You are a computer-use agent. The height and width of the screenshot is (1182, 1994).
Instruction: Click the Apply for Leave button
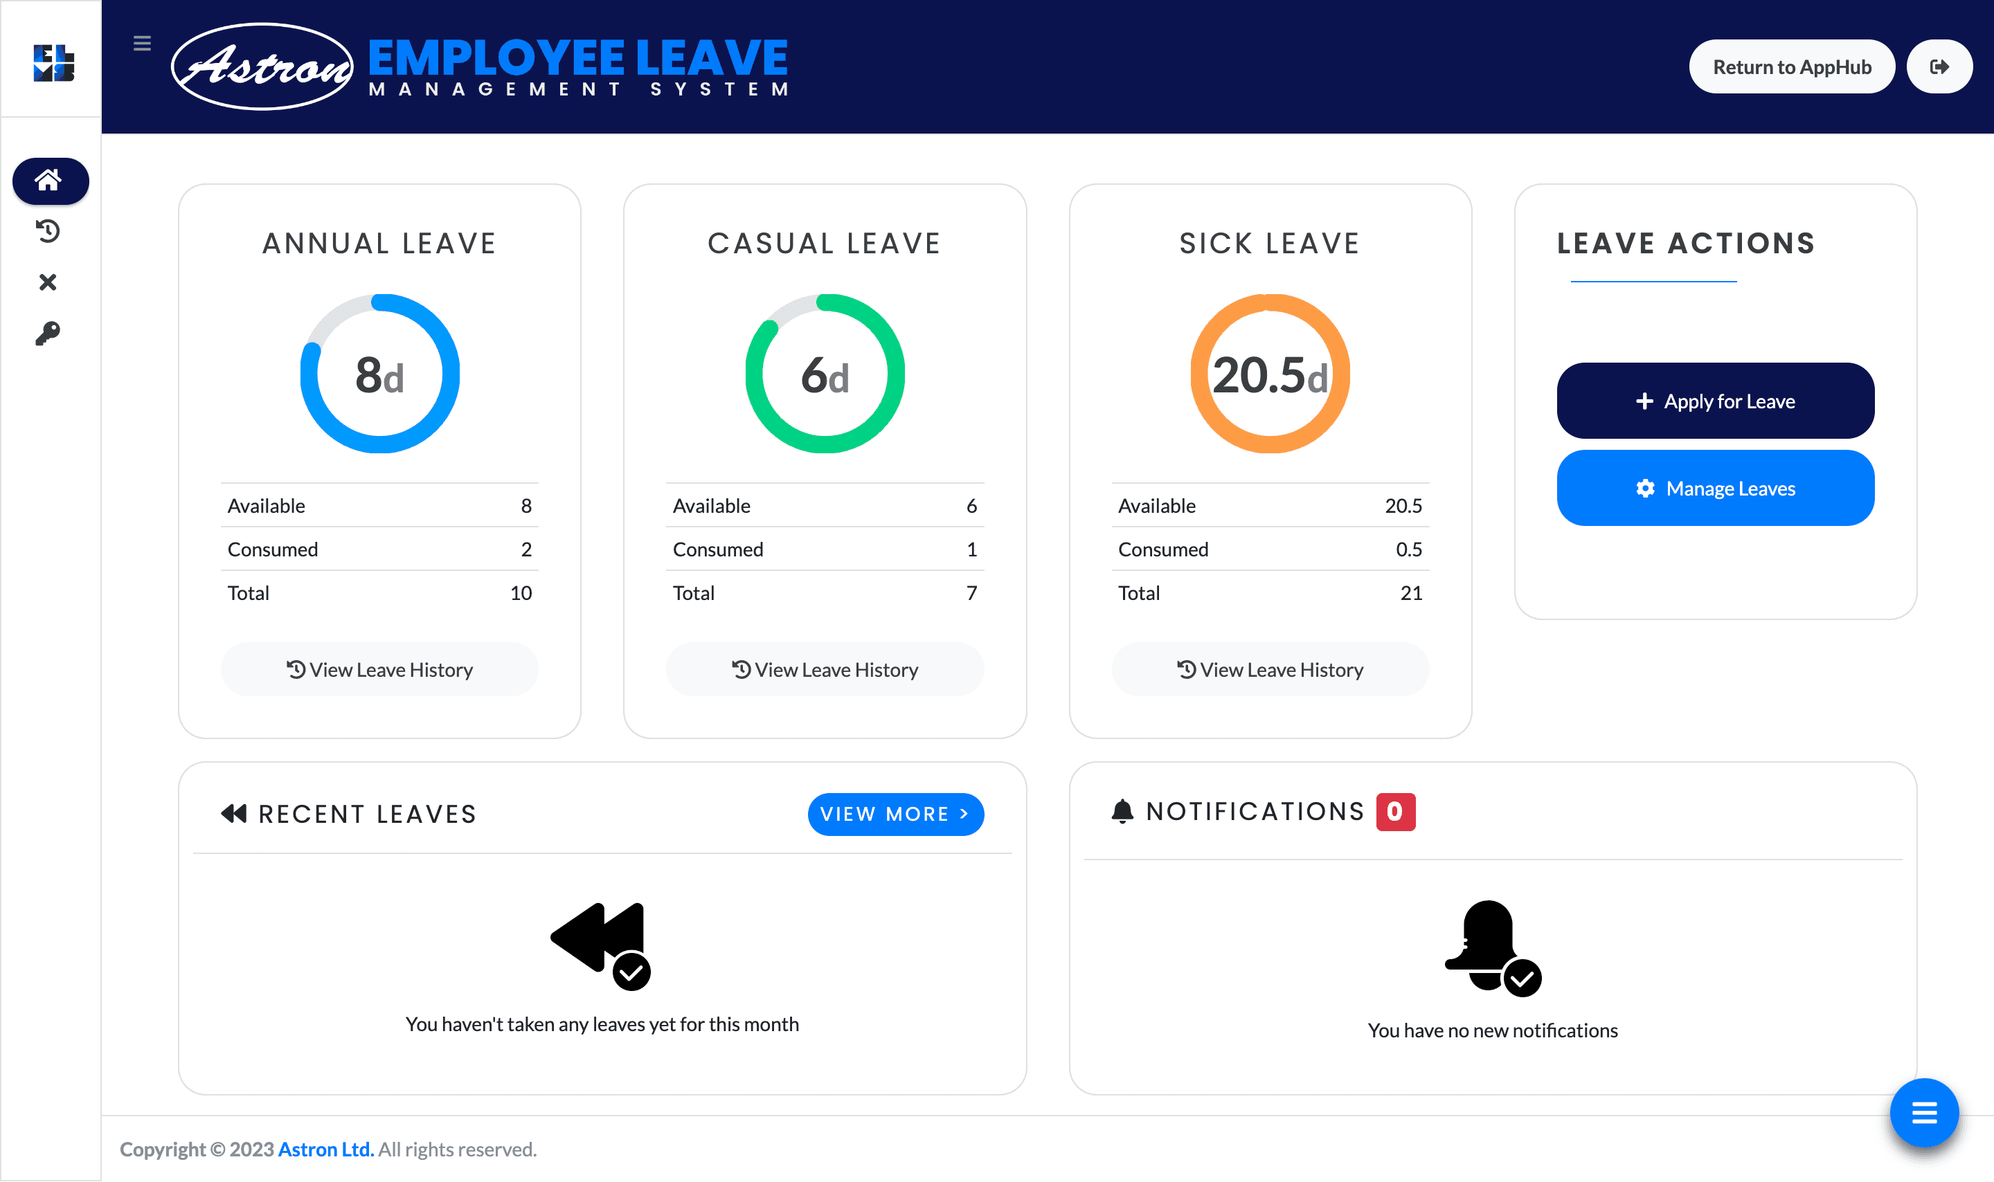[x=1714, y=401]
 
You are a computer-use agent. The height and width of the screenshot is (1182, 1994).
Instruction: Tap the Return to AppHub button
[x=1791, y=67]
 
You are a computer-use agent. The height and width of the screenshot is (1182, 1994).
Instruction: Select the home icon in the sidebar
[x=49, y=181]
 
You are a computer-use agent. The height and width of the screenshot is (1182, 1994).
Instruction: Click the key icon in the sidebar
[x=48, y=333]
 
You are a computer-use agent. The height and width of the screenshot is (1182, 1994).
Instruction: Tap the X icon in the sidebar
[x=48, y=282]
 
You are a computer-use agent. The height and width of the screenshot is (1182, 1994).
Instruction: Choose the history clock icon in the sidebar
[x=48, y=231]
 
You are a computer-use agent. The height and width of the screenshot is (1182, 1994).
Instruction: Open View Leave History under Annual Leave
[x=379, y=669]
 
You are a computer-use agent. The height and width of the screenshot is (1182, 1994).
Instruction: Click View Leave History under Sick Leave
[x=1270, y=669]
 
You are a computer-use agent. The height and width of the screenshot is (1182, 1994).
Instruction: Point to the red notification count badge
[x=1395, y=812]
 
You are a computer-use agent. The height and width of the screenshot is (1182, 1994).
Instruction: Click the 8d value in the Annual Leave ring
[x=379, y=375]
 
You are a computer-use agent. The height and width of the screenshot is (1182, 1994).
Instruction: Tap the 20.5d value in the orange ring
[x=1270, y=375]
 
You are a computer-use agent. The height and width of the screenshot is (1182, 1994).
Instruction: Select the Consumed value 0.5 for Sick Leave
[x=1408, y=549]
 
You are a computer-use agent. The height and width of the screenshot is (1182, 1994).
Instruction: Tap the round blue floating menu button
[x=1923, y=1112]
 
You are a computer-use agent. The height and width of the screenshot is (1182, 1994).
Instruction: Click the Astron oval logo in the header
[x=262, y=67]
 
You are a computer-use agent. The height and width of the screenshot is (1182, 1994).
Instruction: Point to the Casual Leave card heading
[x=825, y=243]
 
